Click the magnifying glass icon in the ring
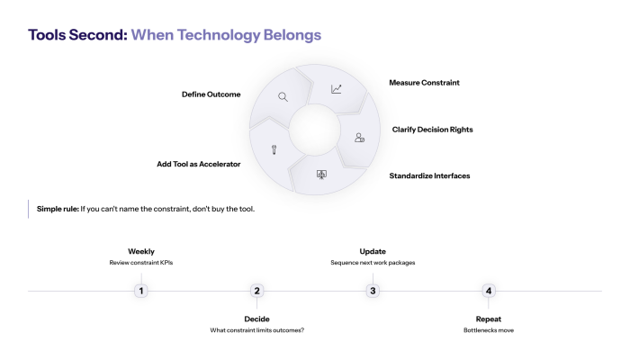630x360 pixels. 283,96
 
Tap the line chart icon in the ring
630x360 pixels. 337,89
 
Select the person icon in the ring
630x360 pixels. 359,138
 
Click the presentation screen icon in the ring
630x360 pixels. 321,174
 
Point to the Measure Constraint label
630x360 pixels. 424,82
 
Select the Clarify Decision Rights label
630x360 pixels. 432,130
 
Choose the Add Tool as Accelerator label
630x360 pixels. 198,165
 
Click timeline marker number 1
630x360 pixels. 140,291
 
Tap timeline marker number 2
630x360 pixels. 256,291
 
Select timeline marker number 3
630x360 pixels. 373,291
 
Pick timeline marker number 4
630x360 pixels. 489,291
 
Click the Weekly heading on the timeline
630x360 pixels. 140,251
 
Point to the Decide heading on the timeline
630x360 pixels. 256,319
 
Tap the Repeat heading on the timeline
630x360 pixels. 489,319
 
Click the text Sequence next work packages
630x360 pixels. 373,263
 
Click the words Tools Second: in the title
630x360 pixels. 77,36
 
